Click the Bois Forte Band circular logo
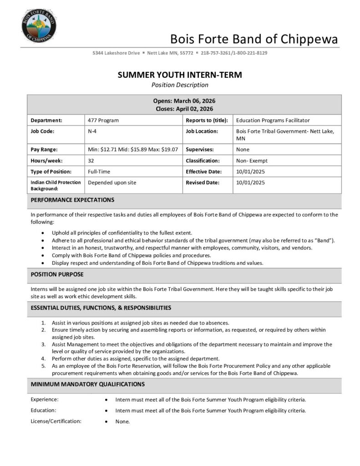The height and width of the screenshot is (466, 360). (39, 25)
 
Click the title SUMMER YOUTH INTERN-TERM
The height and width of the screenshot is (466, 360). (180, 75)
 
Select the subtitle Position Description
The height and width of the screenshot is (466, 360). (180, 85)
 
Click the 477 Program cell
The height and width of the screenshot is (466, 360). (103, 120)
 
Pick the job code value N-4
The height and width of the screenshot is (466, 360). (92, 131)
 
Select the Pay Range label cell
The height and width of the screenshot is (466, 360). (44, 149)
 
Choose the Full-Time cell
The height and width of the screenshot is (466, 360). (99, 172)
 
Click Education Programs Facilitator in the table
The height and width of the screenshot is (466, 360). (273, 120)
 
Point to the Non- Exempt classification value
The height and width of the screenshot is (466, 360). (252, 161)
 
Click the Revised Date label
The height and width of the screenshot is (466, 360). (203, 182)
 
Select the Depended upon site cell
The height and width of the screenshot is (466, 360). (112, 182)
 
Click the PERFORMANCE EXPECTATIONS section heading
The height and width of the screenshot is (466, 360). (72, 200)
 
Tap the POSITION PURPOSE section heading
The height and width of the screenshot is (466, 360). (57, 274)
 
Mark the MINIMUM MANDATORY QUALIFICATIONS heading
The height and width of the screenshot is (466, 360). (88, 384)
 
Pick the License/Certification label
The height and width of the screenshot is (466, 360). (56, 421)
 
